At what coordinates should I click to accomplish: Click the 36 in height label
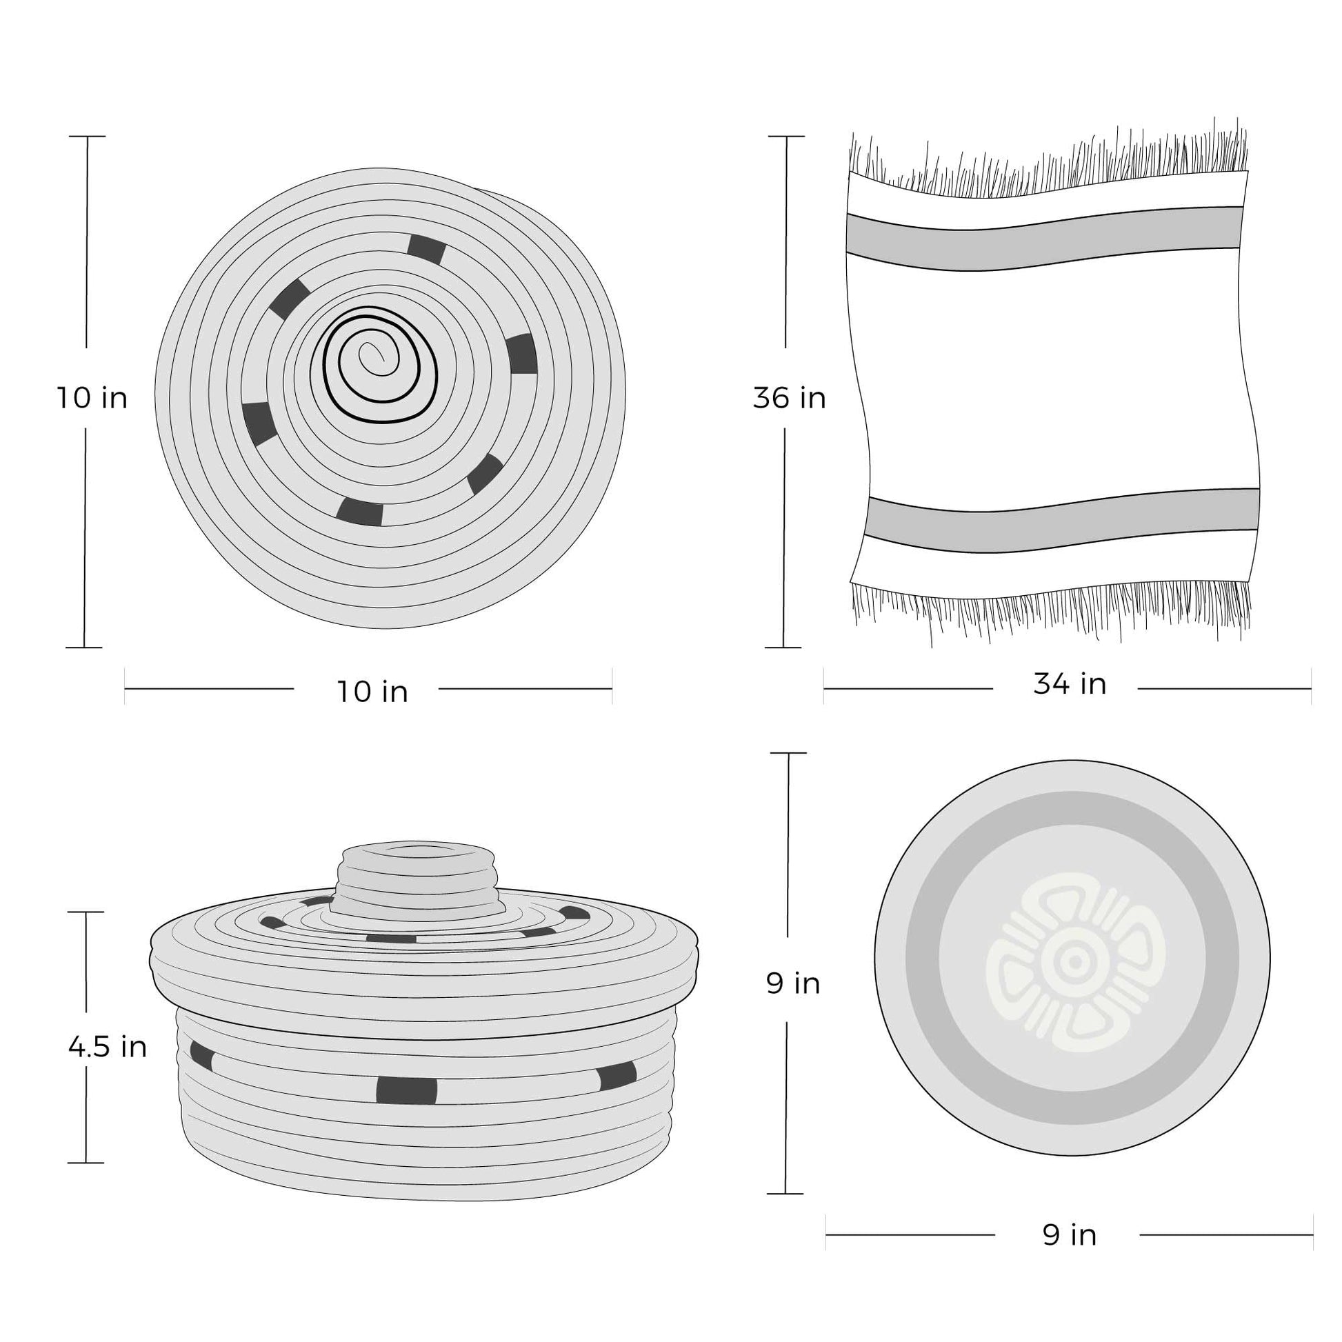pyautogui.click(x=790, y=398)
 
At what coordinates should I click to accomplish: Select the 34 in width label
pyautogui.click(x=1070, y=684)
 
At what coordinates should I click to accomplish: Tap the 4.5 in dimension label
pyautogui.click(x=108, y=1047)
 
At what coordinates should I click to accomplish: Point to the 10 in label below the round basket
pyautogui.click(x=372, y=692)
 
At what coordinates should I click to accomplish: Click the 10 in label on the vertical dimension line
pyautogui.click(x=92, y=398)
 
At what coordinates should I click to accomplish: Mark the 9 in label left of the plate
pyautogui.click(x=793, y=983)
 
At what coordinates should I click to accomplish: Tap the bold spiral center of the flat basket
pyautogui.click(x=381, y=365)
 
